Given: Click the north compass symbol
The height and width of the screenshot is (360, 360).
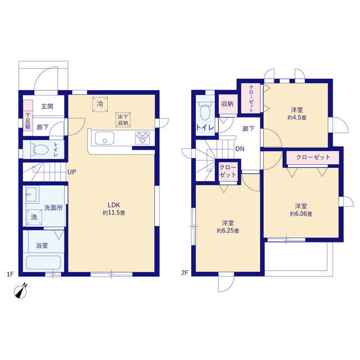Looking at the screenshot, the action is click(x=21, y=291).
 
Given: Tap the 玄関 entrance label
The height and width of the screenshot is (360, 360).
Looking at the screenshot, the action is click(x=47, y=106).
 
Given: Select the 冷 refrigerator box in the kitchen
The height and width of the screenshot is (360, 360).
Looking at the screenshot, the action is click(x=100, y=104).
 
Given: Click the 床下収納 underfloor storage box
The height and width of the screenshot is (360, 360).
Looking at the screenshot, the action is click(x=123, y=120).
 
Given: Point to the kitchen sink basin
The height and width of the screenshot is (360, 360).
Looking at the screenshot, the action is click(x=105, y=138).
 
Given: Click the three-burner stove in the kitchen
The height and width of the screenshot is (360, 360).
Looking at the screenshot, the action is click(x=142, y=138).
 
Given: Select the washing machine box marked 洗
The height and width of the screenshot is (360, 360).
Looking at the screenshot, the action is click(x=34, y=217).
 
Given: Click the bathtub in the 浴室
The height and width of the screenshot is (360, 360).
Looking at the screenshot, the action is click(x=43, y=263).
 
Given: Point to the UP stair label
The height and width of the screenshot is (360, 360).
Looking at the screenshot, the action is click(x=72, y=172).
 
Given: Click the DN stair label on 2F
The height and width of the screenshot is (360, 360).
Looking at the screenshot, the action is click(x=240, y=148).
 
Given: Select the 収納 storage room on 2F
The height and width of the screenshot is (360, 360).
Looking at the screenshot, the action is click(x=228, y=104).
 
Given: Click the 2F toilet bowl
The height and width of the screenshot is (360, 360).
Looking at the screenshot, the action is click(x=205, y=112).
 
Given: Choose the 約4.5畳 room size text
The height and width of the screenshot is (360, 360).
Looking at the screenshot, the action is click(x=297, y=118).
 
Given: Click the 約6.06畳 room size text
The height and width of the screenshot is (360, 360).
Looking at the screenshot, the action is click(x=301, y=214).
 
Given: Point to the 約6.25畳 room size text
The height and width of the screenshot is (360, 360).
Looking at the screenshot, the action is click(x=228, y=231).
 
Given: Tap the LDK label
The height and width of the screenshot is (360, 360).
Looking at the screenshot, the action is click(x=114, y=205).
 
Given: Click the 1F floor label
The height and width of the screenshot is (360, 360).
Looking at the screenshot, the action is click(x=10, y=274).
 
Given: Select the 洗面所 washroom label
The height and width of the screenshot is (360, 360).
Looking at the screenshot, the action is click(x=53, y=208).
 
